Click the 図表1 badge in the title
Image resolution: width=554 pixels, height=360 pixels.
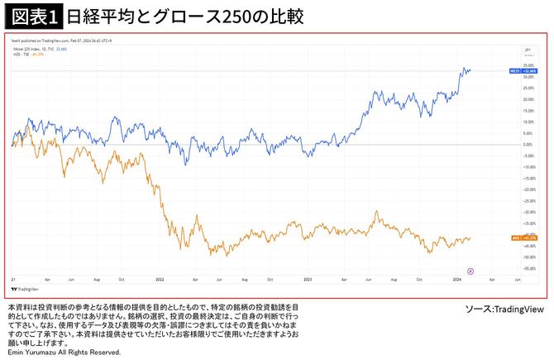click(32, 16)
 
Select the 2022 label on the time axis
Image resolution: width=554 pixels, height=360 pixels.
click(160, 280)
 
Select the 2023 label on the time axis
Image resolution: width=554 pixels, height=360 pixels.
click(308, 280)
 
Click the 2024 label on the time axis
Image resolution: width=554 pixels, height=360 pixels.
click(457, 280)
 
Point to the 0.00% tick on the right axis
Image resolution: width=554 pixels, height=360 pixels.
click(526, 144)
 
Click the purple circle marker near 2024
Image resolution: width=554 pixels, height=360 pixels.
click(470, 270)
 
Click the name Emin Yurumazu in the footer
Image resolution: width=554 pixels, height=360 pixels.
click(33, 353)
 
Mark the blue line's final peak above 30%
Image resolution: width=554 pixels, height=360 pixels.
click(466, 69)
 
